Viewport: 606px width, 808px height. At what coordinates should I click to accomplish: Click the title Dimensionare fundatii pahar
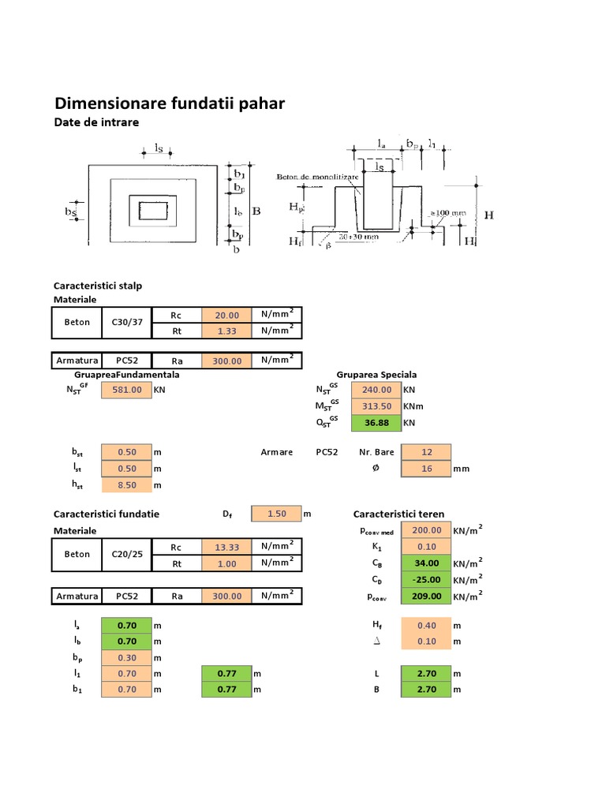(169, 103)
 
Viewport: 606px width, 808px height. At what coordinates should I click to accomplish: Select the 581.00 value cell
(126, 389)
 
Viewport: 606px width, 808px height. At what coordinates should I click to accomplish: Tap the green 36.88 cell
(376, 423)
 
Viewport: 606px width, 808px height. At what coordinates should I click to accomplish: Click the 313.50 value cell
(376, 406)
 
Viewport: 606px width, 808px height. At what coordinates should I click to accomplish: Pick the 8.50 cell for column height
(126, 485)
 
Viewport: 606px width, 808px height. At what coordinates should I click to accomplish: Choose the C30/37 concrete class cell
(125, 322)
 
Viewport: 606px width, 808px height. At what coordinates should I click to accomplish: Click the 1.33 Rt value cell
(226, 331)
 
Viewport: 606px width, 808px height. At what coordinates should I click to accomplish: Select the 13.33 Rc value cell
(226, 548)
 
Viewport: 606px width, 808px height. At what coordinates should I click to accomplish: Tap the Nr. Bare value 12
(426, 452)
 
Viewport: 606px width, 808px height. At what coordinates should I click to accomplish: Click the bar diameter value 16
(426, 469)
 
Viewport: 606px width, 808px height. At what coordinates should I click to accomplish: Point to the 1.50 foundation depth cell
(276, 514)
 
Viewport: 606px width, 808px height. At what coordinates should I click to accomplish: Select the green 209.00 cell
(426, 597)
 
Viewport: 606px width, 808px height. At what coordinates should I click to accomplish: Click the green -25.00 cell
(426, 580)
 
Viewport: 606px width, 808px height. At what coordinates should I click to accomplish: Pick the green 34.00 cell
(426, 563)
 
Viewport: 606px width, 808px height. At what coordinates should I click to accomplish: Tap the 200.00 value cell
(426, 530)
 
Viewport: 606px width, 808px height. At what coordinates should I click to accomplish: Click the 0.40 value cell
(426, 625)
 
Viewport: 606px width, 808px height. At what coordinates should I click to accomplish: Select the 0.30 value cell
(126, 657)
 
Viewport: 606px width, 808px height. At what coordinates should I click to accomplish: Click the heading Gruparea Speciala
(376, 374)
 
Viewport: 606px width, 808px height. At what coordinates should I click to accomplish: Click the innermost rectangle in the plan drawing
(152, 210)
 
